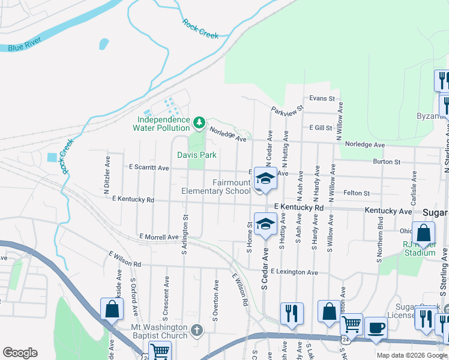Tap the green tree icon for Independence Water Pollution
click(199, 123)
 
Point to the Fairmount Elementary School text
click(216, 187)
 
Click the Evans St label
click(322, 98)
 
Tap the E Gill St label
click(321, 128)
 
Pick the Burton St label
click(386, 161)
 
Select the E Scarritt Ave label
click(148, 168)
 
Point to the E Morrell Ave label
click(158, 237)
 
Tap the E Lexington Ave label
click(294, 272)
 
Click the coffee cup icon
click(376, 328)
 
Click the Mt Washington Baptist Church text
click(159, 331)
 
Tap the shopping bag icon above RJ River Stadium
click(424, 233)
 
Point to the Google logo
click(20, 353)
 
